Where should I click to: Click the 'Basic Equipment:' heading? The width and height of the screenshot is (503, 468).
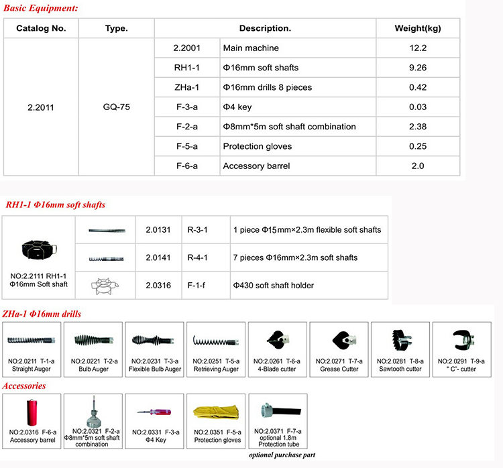tap(41, 9)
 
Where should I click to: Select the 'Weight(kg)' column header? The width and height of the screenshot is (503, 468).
tap(418, 29)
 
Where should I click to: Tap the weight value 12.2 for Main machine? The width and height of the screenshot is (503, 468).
tap(418, 48)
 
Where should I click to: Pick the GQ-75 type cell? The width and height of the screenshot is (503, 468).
tap(117, 107)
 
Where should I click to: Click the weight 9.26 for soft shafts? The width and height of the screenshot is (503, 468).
tap(418, 68)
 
